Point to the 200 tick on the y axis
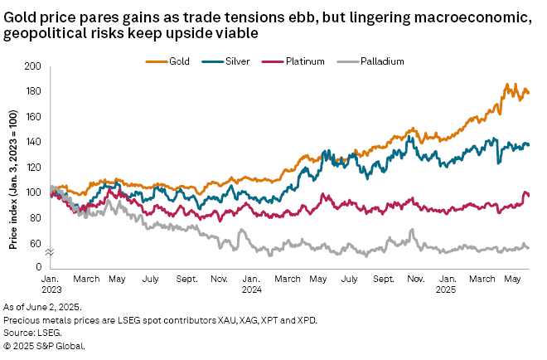tap(33, 66)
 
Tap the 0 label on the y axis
tap(38, 267)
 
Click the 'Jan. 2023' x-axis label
tap(51, 286)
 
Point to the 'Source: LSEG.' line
tap(30, 331)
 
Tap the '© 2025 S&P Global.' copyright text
tap(43, 343)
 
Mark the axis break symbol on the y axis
tap(49, 251)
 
